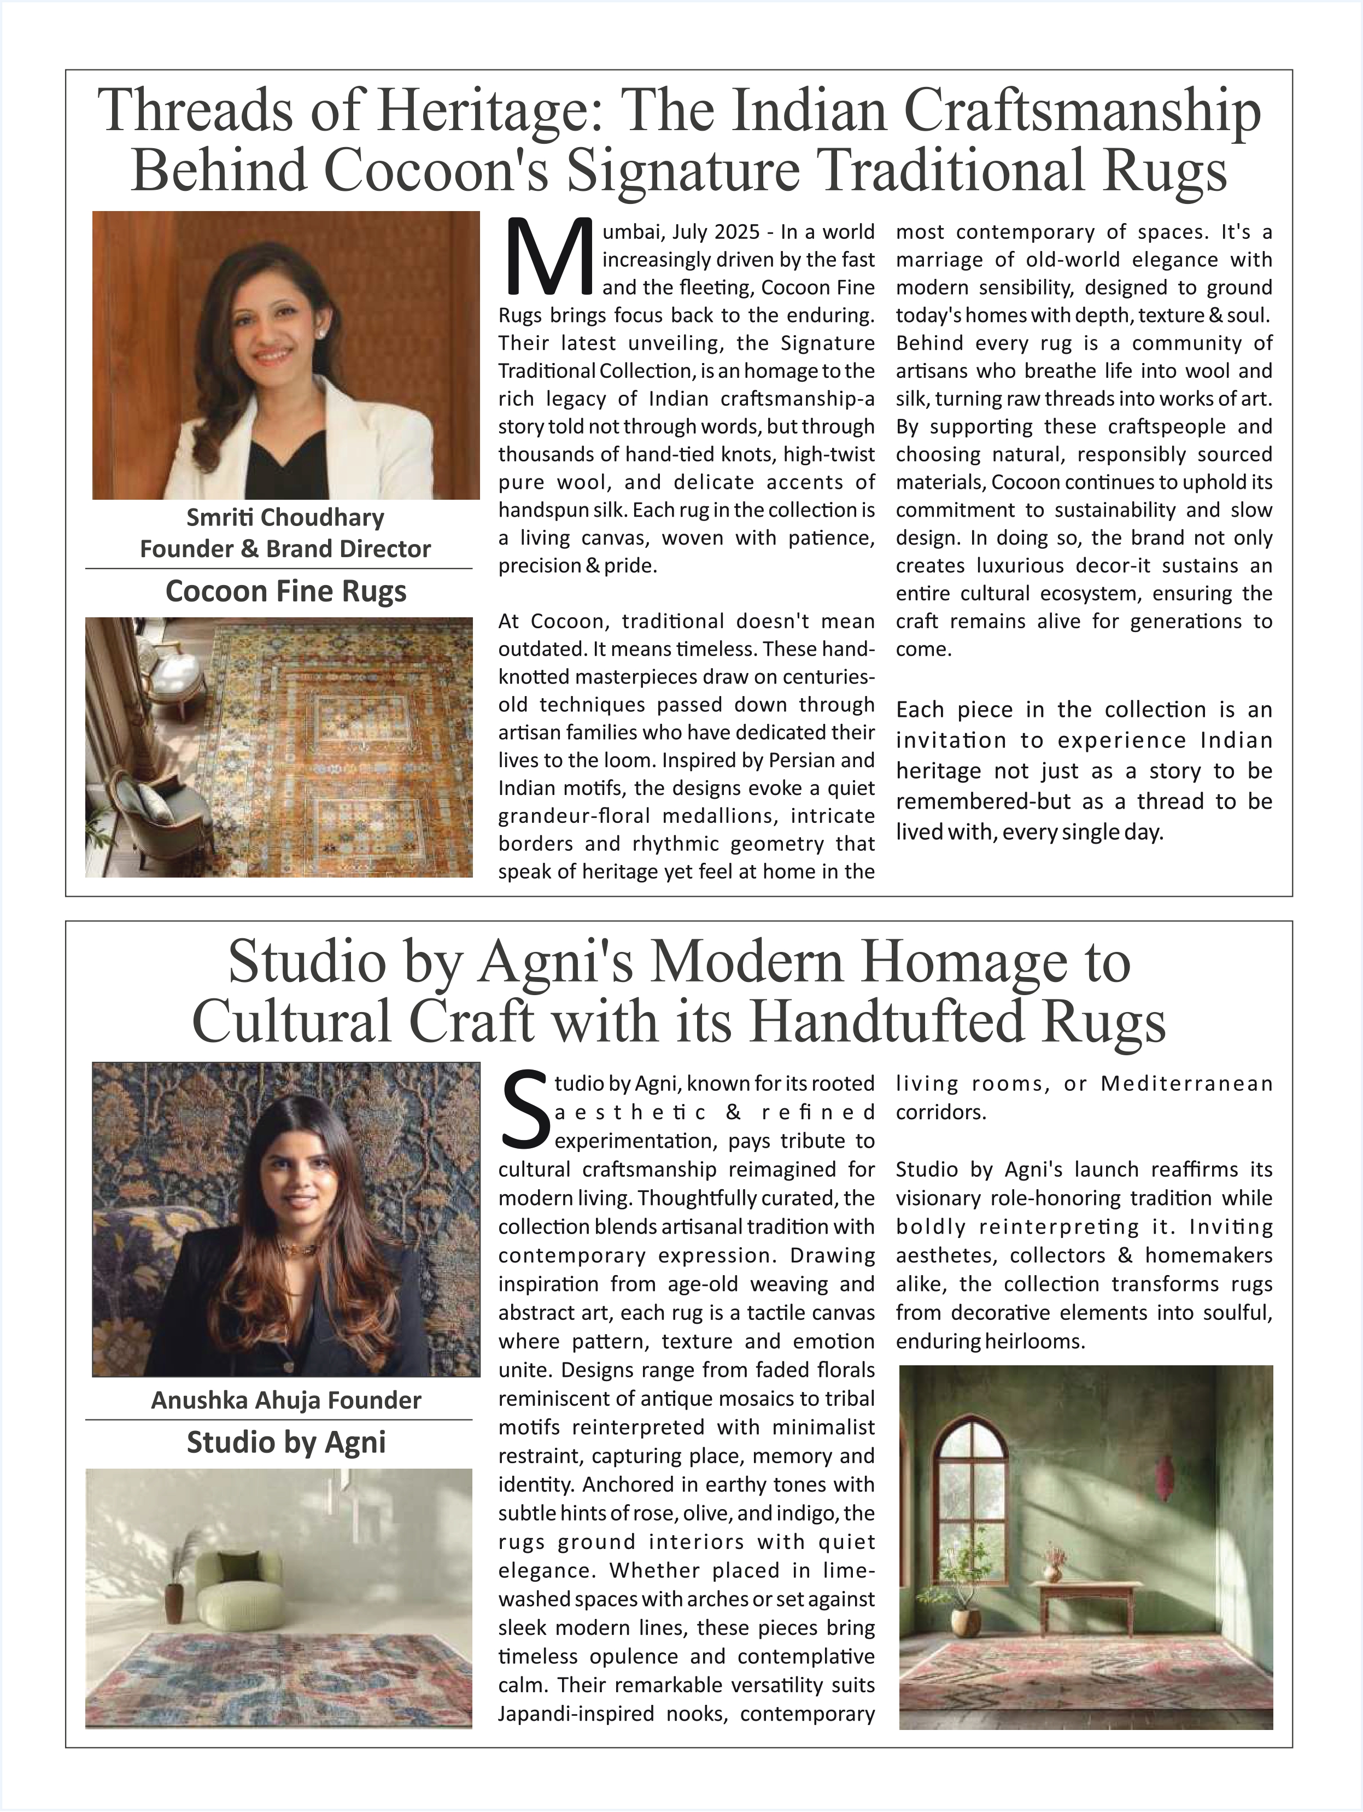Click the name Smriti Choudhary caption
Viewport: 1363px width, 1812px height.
pos(285,518)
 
